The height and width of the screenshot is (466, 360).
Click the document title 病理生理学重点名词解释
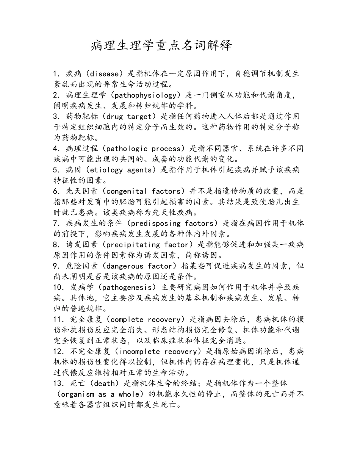[161, 46]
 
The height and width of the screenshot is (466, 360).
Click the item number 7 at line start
[56, 223]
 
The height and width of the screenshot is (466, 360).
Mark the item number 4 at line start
[56, 148]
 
